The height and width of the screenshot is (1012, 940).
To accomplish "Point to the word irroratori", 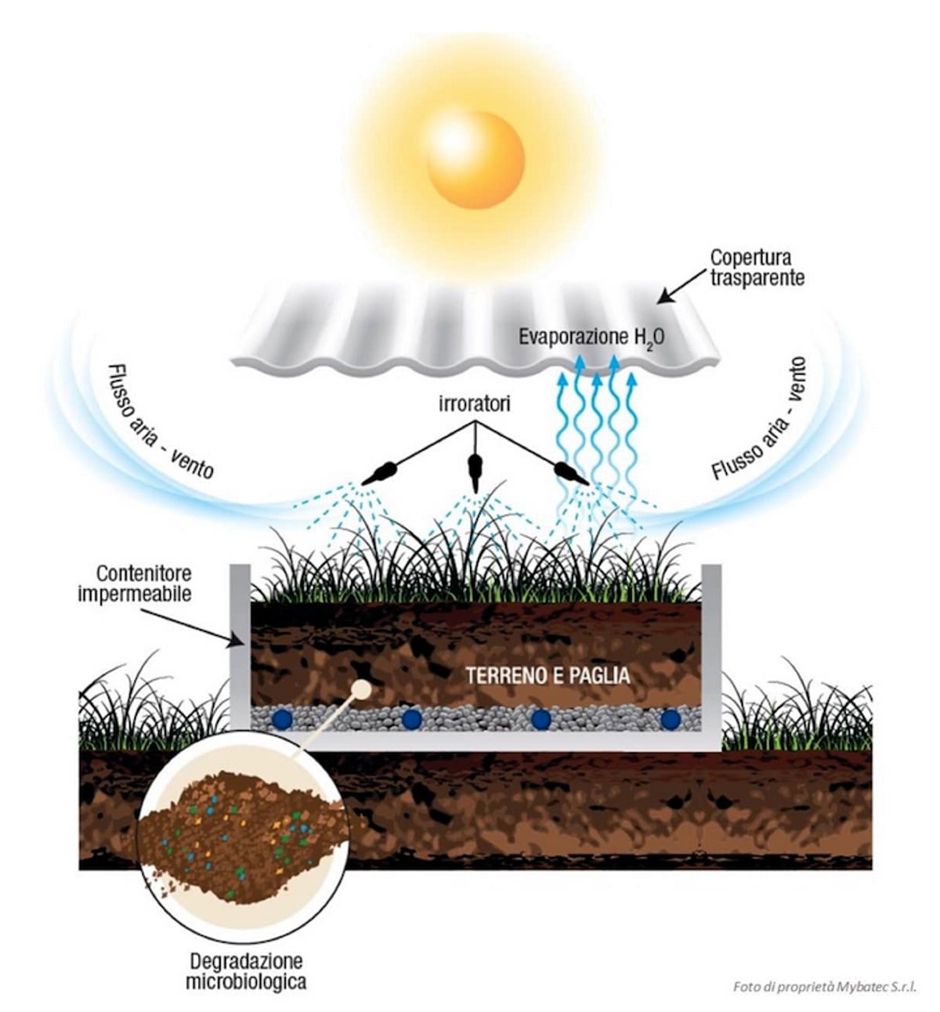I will [x=474, y=405].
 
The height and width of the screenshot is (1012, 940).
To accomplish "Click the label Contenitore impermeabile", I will [x=134, y=584].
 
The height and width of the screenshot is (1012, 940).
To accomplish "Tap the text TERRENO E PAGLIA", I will [x=547, y=675].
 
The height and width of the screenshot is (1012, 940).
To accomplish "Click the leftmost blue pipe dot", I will [x=281, y=718].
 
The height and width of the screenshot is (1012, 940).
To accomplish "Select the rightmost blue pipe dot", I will [x=670, y=718].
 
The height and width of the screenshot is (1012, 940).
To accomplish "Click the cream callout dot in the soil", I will [x=362, y=689].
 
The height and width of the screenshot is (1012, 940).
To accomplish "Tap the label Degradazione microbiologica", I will [x=245, y=970].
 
